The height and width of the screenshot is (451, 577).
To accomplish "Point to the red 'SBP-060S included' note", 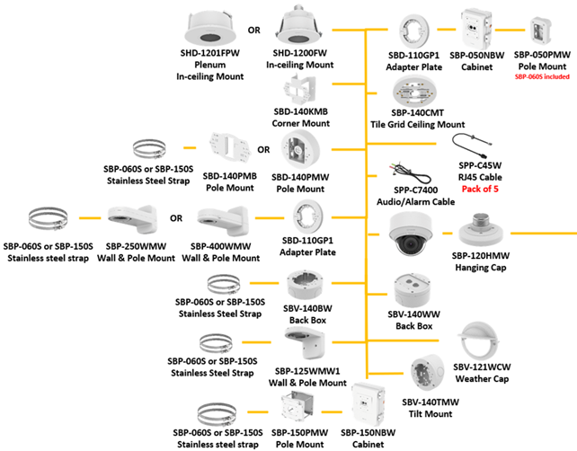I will pyautogui.click(x=543, y=78).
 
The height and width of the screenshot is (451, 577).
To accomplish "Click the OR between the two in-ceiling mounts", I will pyautogui.click(x=253, y=29).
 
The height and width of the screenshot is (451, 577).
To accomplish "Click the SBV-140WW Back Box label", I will pyautogui.click(x=413, y=320).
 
